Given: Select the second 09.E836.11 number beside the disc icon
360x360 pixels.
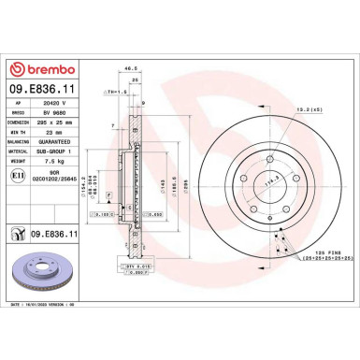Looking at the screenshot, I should (x=62, y=234).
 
